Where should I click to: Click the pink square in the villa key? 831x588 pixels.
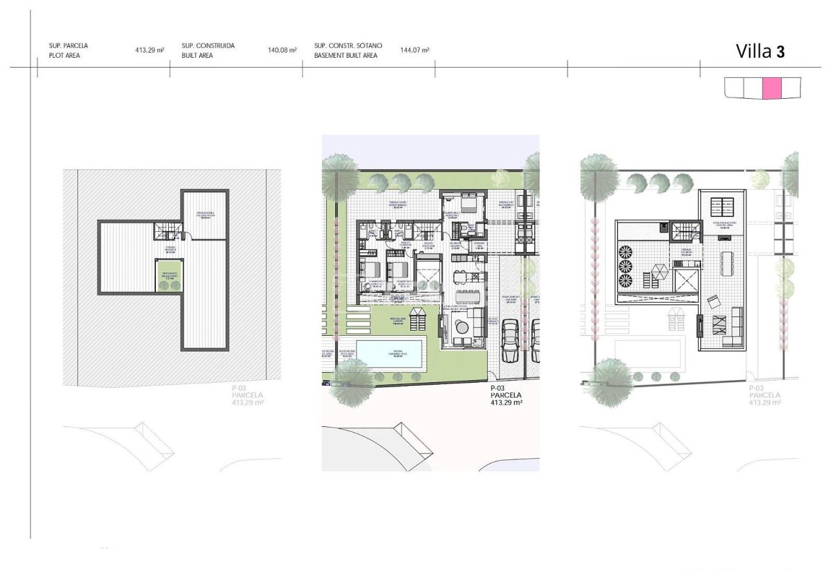[x=771, y=88]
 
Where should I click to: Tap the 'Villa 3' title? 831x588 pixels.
[x=760, y=51]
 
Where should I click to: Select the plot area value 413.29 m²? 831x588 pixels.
[x=149, y=50]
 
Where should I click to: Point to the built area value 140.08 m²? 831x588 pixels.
[x=282, y=50]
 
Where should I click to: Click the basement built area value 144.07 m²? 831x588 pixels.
[x=414, y=50]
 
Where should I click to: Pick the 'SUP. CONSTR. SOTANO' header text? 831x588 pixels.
[x=348, y=46]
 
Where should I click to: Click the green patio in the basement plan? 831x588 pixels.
[x=169, y=276]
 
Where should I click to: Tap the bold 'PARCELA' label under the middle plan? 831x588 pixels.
[x=506, y=395]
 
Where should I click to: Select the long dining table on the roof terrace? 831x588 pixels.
[x=726, y=266]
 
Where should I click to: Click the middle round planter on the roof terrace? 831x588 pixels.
[x=626, y=266]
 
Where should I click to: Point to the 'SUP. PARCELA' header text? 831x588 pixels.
[x=68, y=46]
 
